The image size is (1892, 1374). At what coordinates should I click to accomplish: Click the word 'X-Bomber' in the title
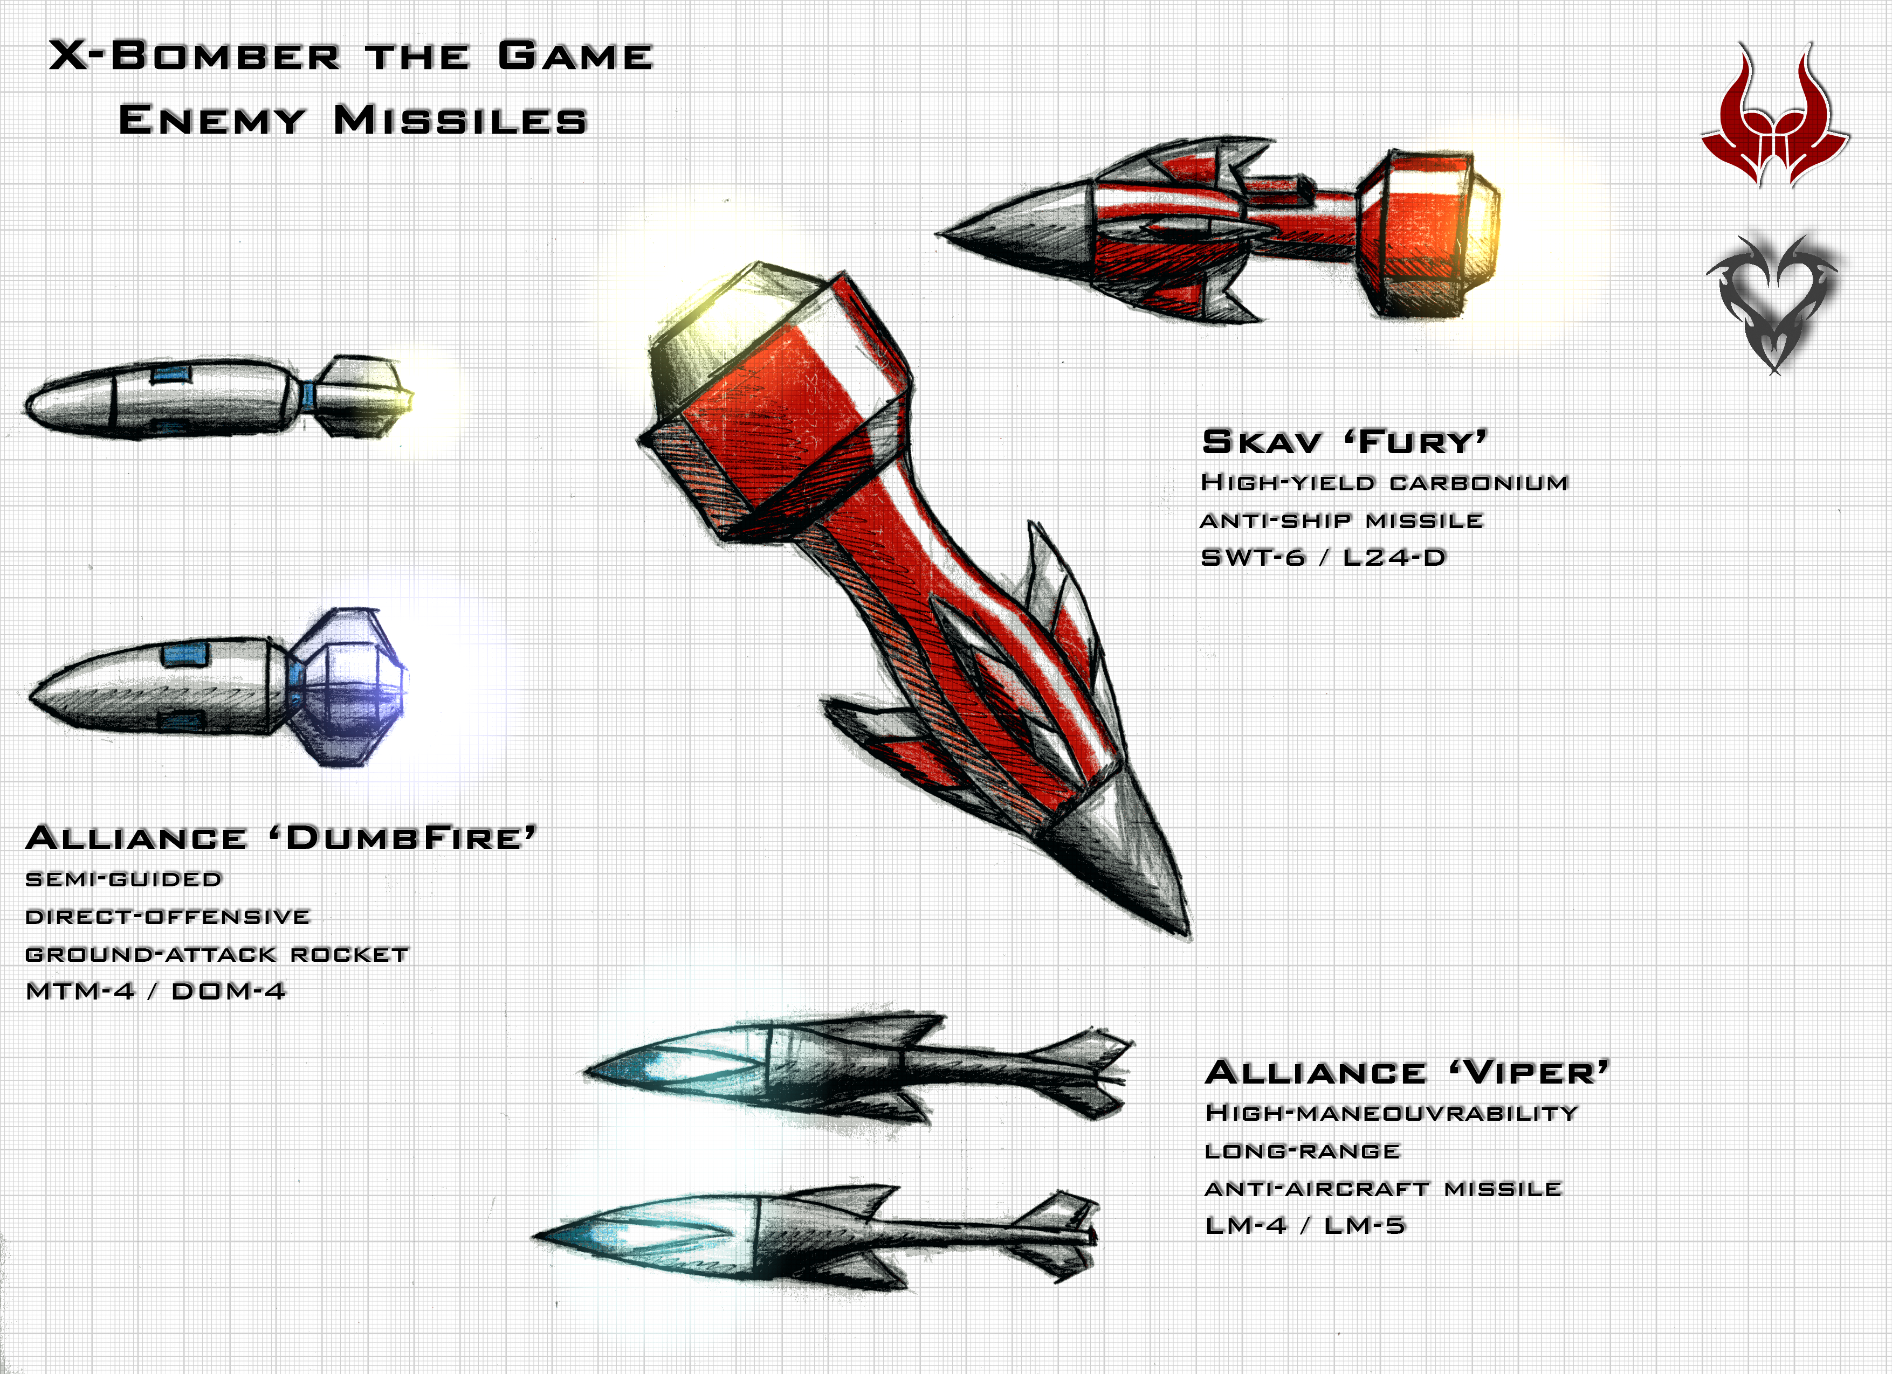point(194,56)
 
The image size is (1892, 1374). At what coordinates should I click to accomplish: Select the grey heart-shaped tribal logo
point(1773,303)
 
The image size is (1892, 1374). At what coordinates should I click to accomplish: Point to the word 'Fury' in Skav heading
point(1416,441)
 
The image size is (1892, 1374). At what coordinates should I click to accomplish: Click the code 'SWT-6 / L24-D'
point(1323,557)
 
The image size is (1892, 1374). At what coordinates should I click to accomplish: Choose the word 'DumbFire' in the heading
point(402,837)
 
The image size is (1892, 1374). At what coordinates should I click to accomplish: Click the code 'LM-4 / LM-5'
point(1305,1225)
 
